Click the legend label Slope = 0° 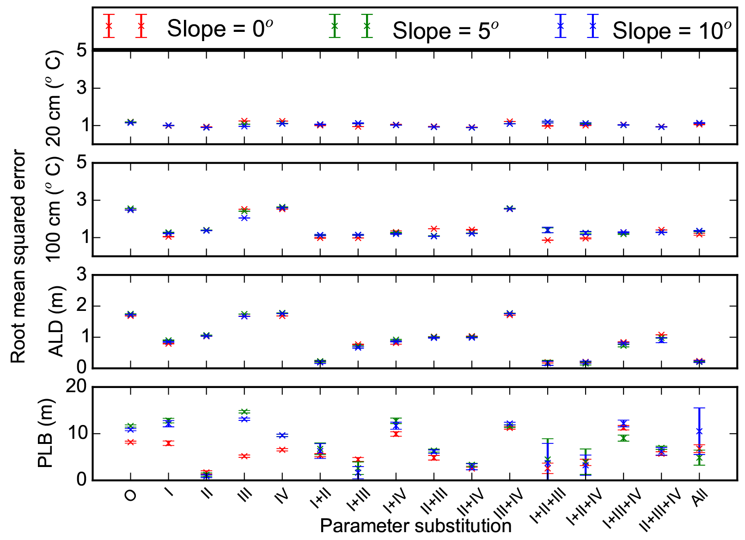[220, 29]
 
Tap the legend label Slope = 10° [672, 30]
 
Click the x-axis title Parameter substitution [415, 526]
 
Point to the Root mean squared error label [18, 256]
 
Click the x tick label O [130, 495]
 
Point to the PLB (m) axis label [46, 433]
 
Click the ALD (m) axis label [56, 322]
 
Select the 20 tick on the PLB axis [76, 386]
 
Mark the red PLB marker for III [244, 456]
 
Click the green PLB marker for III [244, 412]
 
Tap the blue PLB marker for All [699, 431]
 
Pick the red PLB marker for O [131, 442]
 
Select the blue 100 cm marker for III [244, 218]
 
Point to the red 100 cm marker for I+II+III [548, 240]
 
